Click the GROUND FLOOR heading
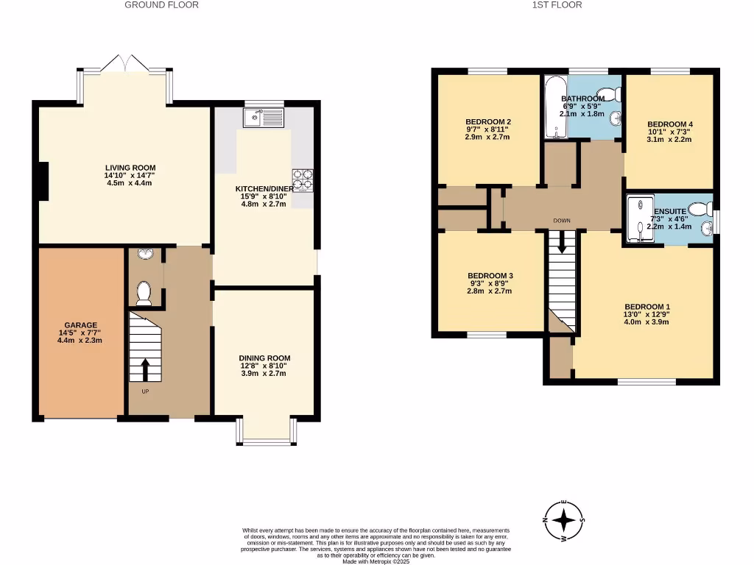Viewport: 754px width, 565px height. (x=161, y=5)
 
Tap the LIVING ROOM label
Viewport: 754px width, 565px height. (x=130, y=168)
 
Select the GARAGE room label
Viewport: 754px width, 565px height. (x=80, y=324)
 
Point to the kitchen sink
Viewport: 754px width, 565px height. (x=264, y=117)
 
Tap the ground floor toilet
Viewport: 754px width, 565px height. (x=144, y=293)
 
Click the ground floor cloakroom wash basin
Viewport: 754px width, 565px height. (x=145, y=255)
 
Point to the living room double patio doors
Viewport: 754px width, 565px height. (x=126, y=65)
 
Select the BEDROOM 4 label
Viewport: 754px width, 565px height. (x=669, y=124)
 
